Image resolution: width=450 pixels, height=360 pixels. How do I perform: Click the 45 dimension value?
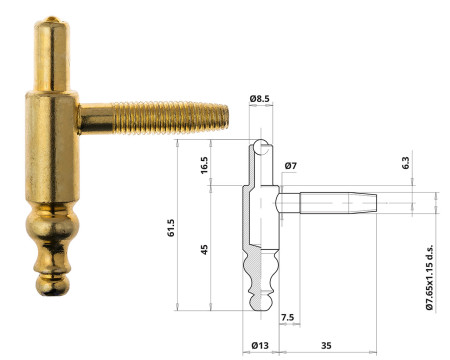[205, 250]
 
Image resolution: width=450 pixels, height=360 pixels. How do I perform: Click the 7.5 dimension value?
[288, 317]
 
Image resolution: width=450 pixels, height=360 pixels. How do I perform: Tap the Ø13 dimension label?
[259, 345]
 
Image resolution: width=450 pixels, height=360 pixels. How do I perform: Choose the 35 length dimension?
[328, 345]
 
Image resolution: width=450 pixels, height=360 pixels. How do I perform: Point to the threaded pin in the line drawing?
[330, 203]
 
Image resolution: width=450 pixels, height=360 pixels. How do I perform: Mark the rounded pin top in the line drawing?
[262, 147]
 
